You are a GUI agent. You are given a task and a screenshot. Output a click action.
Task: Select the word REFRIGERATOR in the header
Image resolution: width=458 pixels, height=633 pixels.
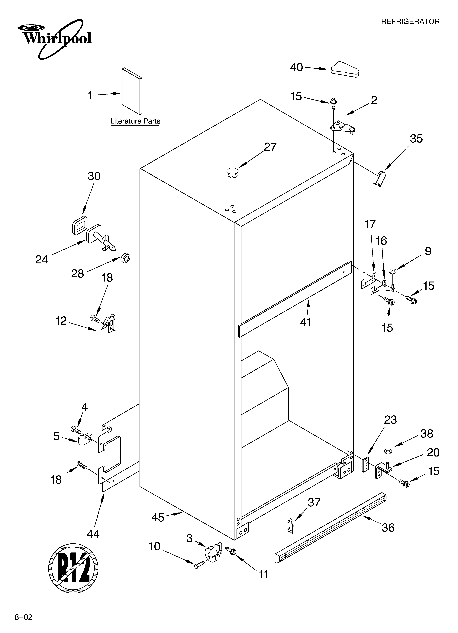coord(410,21)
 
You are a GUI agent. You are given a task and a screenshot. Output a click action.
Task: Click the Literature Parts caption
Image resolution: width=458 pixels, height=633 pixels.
coord(135,121)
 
